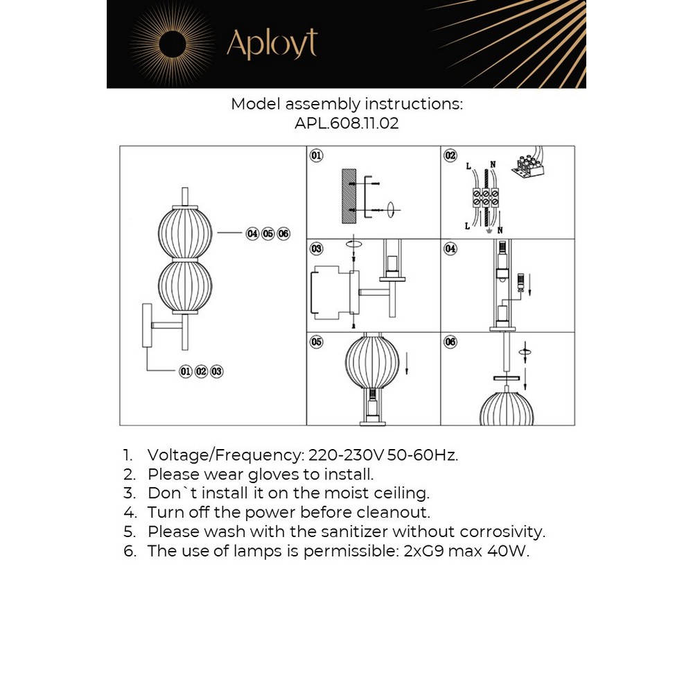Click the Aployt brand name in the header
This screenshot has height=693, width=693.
(272, 44)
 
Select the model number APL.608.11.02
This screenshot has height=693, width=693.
(346, 124)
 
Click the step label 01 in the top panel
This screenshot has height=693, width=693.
(315, 156)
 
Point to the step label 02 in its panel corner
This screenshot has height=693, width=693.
(450, 156)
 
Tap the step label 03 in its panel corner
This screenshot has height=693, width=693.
(316, 248)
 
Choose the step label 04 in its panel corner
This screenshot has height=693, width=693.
(450, 248)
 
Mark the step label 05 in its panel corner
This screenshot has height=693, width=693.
(316, 342)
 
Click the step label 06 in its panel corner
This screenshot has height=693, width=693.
(450, 342)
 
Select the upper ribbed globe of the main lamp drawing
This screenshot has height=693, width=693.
(185, 234)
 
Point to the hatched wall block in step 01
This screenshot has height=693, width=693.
(349, 195)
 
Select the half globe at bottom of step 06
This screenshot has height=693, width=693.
(507, 410)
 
